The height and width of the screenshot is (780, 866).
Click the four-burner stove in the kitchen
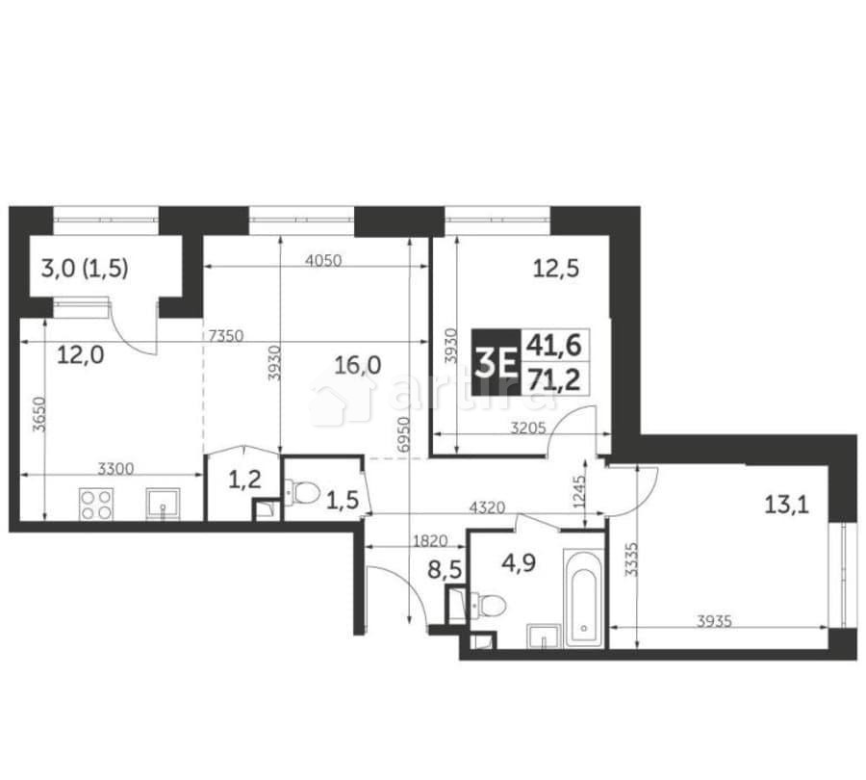[94, 504]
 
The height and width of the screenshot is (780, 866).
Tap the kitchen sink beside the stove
[162, 503]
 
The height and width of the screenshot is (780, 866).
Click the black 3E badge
[495, 360]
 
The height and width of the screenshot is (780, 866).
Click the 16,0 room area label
[358, 364]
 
